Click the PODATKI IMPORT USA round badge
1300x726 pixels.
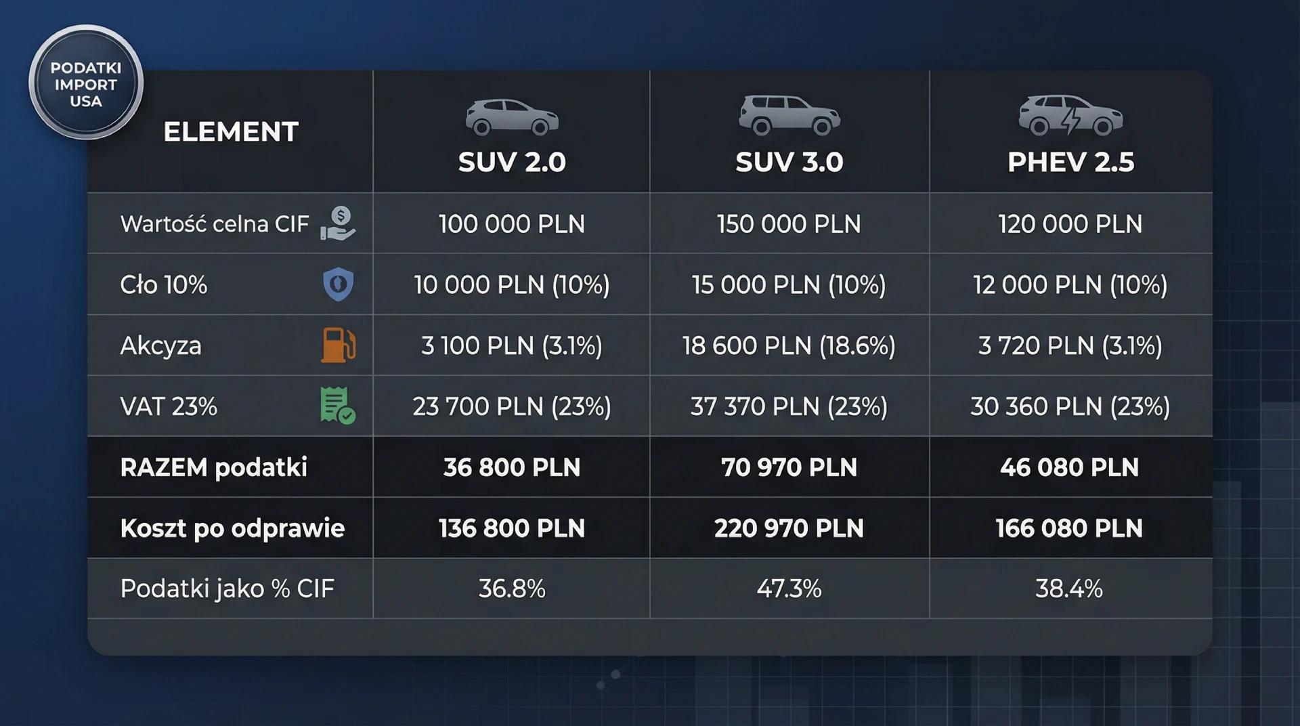tap(85, 84)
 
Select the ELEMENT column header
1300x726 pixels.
tap(230, 132)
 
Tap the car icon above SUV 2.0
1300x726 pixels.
tap(512, 116)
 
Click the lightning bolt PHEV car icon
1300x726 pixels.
tap(1070, 115)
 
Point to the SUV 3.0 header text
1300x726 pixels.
tap(789, 163)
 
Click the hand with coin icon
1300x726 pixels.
tap(338, 223)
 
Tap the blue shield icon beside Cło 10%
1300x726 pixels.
tap(338, 284)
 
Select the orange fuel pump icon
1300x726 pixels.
tap(338, 345)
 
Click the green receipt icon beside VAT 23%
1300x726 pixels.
tap(337, 406)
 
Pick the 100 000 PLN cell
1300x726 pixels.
tap(512, 224)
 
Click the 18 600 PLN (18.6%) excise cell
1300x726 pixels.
tap(789, 346)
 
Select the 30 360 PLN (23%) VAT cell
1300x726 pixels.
tap(1070, 407)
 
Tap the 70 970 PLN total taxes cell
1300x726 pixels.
tap(789, 467)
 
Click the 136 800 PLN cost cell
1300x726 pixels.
tap(512, 528)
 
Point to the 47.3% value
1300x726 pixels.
tap(789, 589)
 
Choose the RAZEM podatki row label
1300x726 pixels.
tap(213, 467)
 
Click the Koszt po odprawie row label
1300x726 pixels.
tap(232, 528)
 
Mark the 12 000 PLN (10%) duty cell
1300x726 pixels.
tap(1070, 285)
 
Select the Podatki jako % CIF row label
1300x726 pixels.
tap(227, 589)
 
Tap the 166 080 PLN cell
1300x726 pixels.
tap(1070, 528)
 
